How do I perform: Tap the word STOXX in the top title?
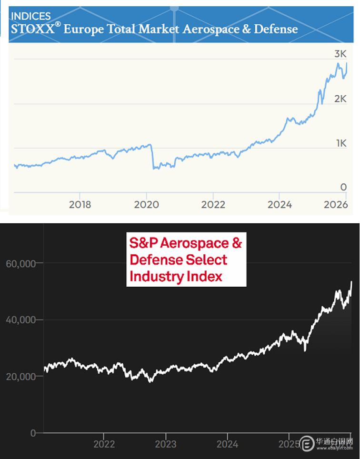pos(32,29)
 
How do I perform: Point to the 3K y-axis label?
pos(340,54)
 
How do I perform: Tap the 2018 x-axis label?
pos(80,205)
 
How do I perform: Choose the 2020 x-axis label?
pos(146,205)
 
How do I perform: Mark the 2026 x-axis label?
pos(335,205)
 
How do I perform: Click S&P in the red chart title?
pos(142,244)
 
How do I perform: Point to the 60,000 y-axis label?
pos(21,263)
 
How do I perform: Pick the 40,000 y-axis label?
pos(21,319)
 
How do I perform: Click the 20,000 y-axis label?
pos(21,376)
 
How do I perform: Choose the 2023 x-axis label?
pos(165,444)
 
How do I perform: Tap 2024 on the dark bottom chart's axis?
pos(227,444)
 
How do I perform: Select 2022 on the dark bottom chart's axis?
pos(104,444)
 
